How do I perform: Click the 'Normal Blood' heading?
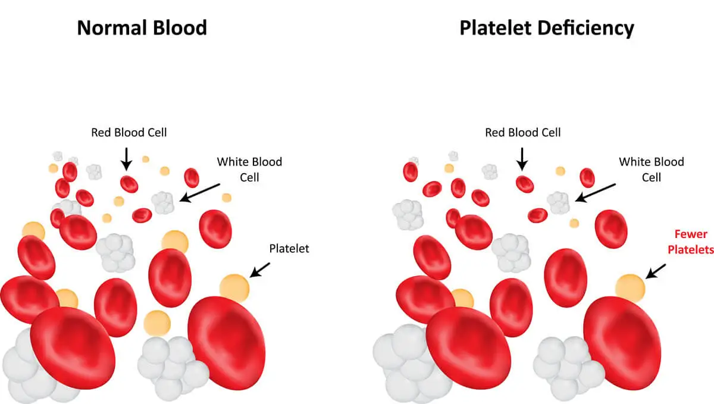coord(142,27)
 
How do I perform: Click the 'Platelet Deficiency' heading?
coord(546,27)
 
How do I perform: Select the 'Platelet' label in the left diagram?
coord(289,249)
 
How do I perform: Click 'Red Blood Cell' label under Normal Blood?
coord(129,132)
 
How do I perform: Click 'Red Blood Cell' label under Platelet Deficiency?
coord(522,132)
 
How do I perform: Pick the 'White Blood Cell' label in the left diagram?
coord(249,169)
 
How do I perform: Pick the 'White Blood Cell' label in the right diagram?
coord(651,169)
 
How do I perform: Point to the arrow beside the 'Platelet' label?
coord(260,271)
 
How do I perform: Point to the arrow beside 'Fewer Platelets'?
coord(656,271)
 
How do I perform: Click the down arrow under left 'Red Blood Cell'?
coord(126,158)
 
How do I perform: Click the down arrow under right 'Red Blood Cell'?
coord(522,158)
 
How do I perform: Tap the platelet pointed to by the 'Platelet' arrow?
coord(234,287)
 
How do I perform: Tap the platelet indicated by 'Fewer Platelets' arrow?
coord(630,287)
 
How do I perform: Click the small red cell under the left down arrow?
coord(129,184)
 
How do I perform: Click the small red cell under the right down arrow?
coord(524,184)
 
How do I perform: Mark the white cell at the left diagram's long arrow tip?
coord(163,203)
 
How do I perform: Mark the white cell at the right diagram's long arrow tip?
coord(559,203)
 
